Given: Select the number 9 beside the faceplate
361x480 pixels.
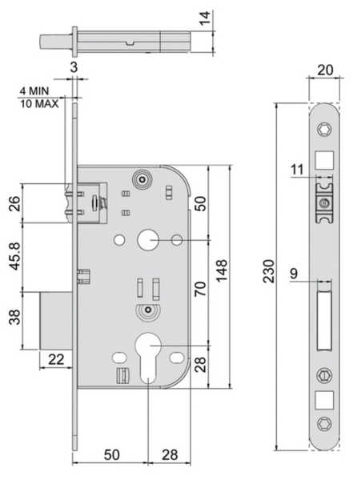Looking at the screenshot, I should click(295, 274).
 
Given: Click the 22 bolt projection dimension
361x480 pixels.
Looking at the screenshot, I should click(57, 362).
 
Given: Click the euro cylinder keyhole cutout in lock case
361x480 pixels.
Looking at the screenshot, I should click(149, 356).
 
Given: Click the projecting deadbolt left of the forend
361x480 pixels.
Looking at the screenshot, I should click(58, 320).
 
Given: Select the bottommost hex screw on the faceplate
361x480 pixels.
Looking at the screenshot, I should click(325, 422).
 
